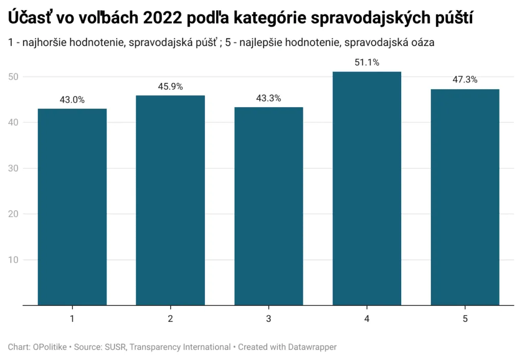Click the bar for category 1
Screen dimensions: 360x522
72,207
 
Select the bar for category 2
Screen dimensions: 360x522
170,200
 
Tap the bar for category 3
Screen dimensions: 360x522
269,206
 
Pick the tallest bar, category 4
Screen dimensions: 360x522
367,188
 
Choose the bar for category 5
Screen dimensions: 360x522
465,197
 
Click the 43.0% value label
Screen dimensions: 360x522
72,100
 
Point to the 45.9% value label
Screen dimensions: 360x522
170,87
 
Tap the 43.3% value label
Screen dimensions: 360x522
269,98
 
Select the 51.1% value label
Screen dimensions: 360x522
367,63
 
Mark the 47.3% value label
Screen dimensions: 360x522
465,80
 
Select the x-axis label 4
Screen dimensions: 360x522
367,319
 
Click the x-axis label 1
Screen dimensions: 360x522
72,319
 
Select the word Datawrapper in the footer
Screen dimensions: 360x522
310,347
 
